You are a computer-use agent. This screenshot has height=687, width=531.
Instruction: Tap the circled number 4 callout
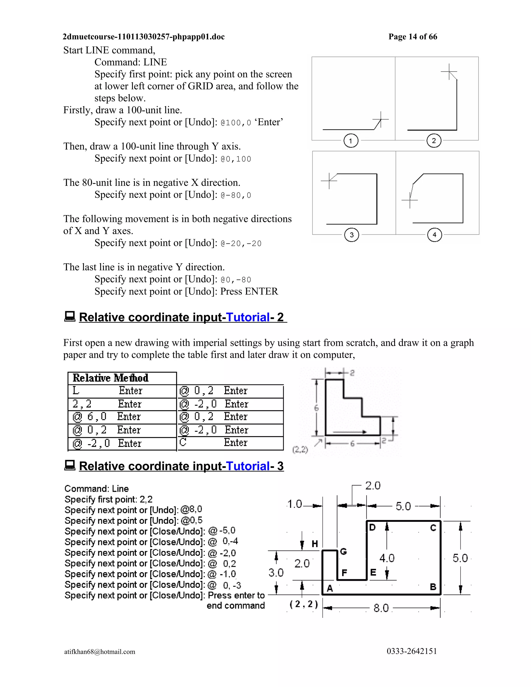click(x=435, y=235)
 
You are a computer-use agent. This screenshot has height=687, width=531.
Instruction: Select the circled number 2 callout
click(x=434, y=141)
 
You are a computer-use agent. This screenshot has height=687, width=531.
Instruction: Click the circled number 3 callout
click(x=352, y=235)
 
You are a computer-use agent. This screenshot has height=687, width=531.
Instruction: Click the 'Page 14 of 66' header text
click(x=413, y=37)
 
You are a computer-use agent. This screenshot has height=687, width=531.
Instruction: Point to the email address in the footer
click(x=100, y=651)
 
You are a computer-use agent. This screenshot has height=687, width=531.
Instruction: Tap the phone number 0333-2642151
click(x=412, y=651)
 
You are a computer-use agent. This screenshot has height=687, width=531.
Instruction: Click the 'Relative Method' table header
click(x=110, y=378)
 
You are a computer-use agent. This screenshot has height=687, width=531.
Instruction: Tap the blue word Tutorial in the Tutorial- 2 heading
click(x=248, y=317)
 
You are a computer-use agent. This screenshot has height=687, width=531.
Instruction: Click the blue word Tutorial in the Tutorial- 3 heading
click(x=248, y=466)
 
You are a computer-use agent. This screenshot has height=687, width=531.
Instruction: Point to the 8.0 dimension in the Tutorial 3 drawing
click(x=381, y=608)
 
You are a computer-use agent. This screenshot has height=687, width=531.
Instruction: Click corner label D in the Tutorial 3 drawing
click(x=372, y=528)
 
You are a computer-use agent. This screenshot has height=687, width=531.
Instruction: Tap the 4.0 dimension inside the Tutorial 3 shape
click(x=387, y=558)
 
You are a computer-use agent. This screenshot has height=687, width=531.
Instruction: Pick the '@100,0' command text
click(x=236, y=123)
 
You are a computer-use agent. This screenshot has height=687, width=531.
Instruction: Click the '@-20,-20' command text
click(x=241, y=243)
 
